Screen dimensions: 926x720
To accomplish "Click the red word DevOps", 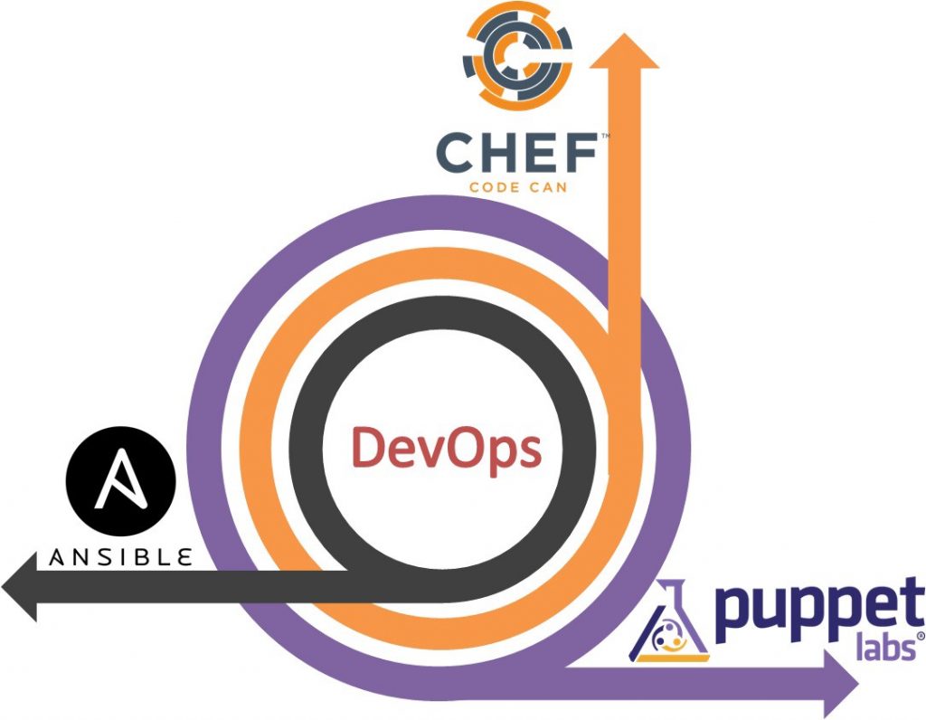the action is pyautogui.click(x=447, y=448).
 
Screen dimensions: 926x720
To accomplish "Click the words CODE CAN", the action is pyautogui.click(x=516, y=189).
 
